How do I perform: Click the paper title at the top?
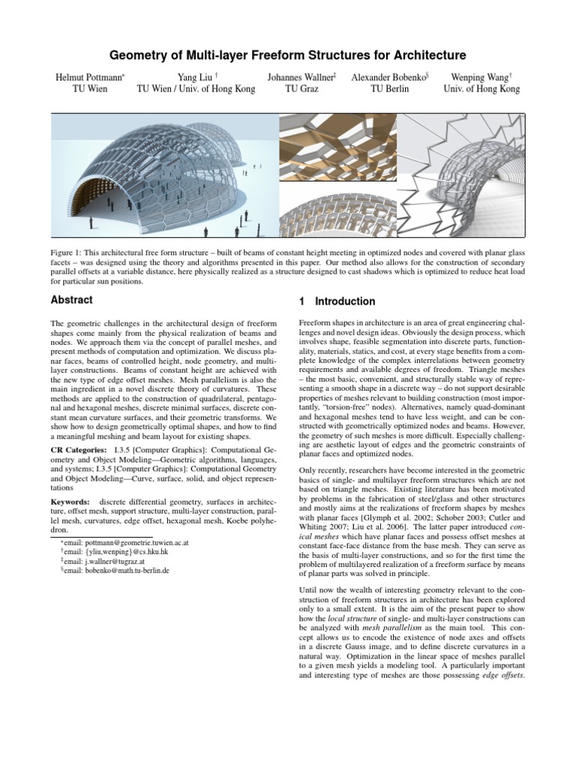tap(288, 55)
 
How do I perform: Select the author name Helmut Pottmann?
tap(87, 76)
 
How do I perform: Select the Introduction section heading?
tap(342, 301)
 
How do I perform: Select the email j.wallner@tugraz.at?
tap(97, 559)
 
